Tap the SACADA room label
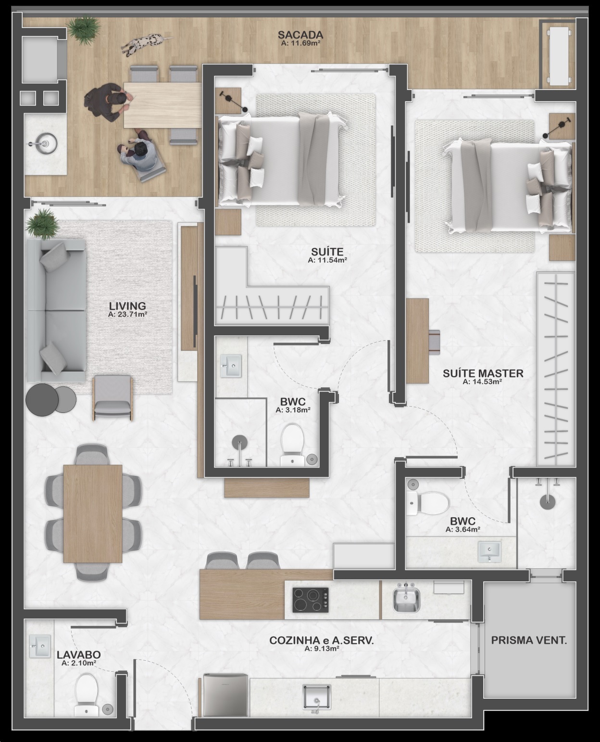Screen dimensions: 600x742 coord(300,35)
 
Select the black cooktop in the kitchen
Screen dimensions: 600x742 coord(311,600)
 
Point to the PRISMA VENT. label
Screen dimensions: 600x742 coord(529,640)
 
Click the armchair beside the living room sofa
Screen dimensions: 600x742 coord(113,397)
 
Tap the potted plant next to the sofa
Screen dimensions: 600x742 coord(43,224)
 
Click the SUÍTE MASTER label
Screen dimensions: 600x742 coord(483,373)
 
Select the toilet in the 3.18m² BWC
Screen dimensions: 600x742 coord(292,445)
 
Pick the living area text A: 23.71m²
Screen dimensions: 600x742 coord(127,315)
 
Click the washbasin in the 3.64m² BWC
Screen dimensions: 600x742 coord(489,551)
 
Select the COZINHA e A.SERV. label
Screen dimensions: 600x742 coord(321,640)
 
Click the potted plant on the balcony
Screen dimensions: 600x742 coord(84,29)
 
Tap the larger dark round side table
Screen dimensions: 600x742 coord(42,399)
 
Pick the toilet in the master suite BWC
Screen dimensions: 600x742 coord(428,503)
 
